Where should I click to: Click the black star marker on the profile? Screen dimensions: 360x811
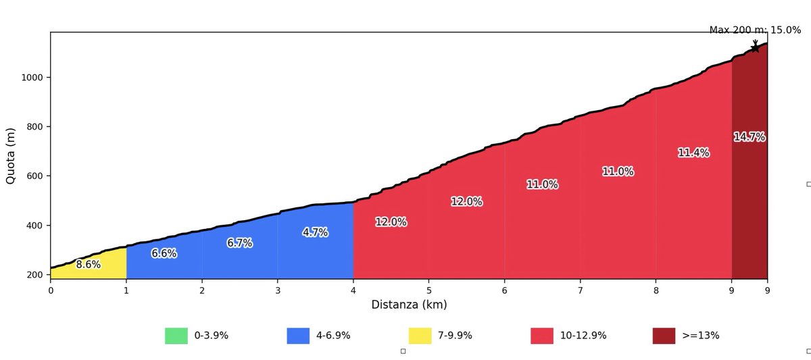pos(755,48)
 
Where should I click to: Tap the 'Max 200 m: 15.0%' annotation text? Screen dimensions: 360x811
pos(755,30)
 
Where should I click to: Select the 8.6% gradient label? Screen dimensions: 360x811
pos(88,265)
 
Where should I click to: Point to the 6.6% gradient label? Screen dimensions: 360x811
pos(164,253)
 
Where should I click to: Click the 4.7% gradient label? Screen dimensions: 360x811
pos(315,232)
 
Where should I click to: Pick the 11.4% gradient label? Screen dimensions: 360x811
pos(693,153)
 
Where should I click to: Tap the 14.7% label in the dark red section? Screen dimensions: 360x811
pos(749,137)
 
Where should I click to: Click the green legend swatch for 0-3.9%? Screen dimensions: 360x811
pos(176,336)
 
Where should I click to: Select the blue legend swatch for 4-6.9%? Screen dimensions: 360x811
pos(298,336)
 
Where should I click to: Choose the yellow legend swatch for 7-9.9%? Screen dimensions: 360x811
pos(420,336)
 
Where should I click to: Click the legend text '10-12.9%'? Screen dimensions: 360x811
pos(583,336)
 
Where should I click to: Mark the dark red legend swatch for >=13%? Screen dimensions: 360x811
pos(664,336)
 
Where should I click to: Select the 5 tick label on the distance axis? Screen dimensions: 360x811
pos(429,290)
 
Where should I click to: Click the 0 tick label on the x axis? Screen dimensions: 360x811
pos(51,290)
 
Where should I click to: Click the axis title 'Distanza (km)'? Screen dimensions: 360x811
pos(409,305)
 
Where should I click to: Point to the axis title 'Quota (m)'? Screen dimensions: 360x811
pos(11,155)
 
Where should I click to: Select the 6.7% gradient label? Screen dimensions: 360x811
pos(239,243)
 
